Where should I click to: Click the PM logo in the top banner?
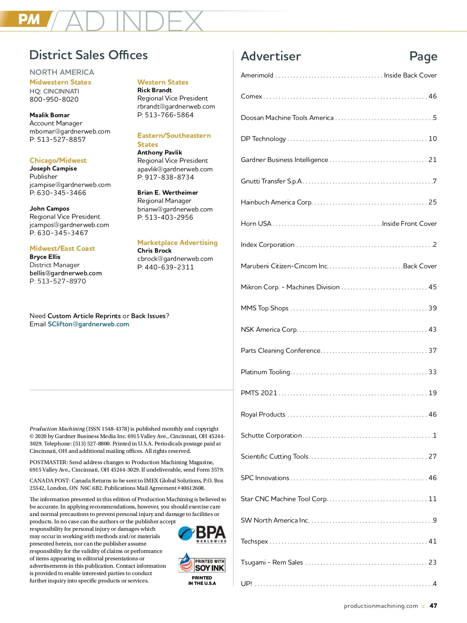pyautogui.click(x=29, y=19)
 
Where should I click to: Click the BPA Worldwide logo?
pyautogui.click(x=202, y=534)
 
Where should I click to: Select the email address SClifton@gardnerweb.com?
pyautogui.click(x=88, y=324)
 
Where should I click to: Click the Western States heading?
pyautogui.click(x=163, y=82)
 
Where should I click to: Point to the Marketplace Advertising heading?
pyautogui.click(x=177, y=243)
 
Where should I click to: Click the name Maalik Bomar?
pyautogui.click(x=49, y=115)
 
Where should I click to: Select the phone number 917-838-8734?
pyautogui.click(x=169, y=177)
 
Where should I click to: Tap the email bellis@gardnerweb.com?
pyautogui.click(x=65, y=273)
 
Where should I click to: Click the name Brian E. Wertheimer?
pyautogui.click(x=168, y=193)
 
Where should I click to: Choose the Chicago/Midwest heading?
pyautogui.click(x=58, y=160)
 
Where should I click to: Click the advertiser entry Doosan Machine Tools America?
pyautogui.click(x=287, y=118)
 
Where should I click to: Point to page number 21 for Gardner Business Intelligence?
pyautogui.click(x=432, y=160)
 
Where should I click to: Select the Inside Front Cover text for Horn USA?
pyautogui.click(x=409, y=224)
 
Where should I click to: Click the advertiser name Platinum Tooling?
pyautogui.click(x=265, y=372)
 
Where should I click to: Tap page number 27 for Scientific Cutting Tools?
pyautogui.click(x=432, y=456)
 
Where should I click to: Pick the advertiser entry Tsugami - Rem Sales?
pyautogui.click(x=272, y=563)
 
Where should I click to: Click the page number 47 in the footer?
pyautogui.click(x=433, y=606)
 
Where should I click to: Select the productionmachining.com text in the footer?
pyautogui.click(x=381, y=606)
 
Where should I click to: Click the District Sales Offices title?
pyautogui.click(x=88, y=55)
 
